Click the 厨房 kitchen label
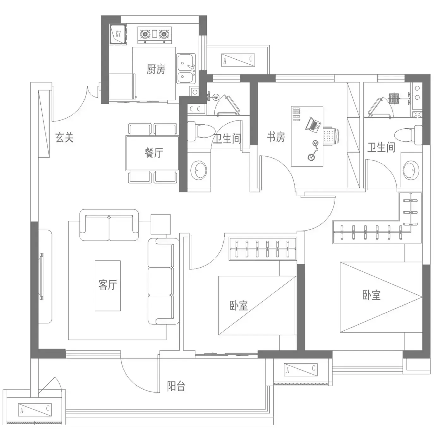pyautogui.click(x=156, y=69)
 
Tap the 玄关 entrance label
pyautogui.click(x=64, y=137)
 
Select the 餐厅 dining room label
pyautogui.click(x=154, y=152)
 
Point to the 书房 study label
pyautogui.click(x=276, y=137)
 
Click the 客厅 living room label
pyautogui.click(x=108, y=285)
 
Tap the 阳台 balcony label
pyautogui.click(x=176, y=386)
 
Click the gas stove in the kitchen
pyautogui.click(x=155, y=35)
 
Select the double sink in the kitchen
pyautogui.click(x=186, y=69)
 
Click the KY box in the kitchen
pyautogui.click(x=118, y=34)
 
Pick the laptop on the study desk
pyautogui.click(x=313, y=125)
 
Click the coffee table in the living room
pyautogui.click(x=108, y=286)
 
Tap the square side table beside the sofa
pyautogui.click(x=161, y=224)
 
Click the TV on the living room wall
pyautogui.click(x=41, y=276)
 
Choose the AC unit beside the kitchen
pyautogui.click(x=238, y=60)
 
